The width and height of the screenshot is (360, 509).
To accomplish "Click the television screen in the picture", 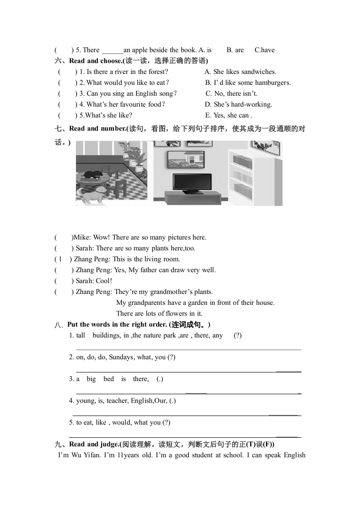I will [192, 182].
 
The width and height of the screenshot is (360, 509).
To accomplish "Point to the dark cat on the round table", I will [93, 174].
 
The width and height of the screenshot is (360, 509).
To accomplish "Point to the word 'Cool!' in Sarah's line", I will [104, 281].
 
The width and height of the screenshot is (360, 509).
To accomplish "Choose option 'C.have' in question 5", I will [264, 50].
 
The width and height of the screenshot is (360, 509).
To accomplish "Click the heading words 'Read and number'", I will [98, 128].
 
